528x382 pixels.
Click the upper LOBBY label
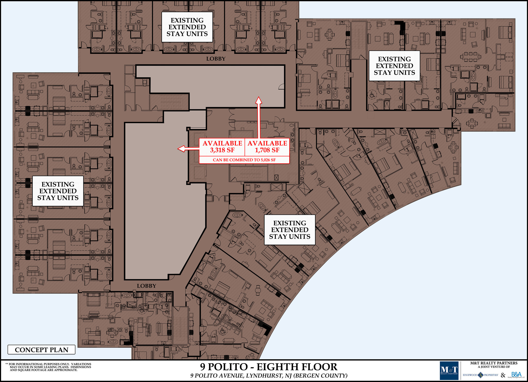click(x=216, y=59)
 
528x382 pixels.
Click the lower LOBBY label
click(x=146, y=286)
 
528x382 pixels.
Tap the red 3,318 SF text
click(x=222, y=150)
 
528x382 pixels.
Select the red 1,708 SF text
click(x=267, y=150)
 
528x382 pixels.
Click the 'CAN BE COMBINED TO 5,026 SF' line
click(x=244, y=160)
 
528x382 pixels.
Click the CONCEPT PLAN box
click(x=42, y=350)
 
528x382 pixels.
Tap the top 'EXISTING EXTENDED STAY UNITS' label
click(x=187, y=27)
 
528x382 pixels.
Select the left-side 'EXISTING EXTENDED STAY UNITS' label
click(x=58, y=191)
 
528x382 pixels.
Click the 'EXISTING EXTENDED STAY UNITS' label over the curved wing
click(x=290, y=230)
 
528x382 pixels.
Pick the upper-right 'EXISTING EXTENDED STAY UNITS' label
click(x=394, y=66)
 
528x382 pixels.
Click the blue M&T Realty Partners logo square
click(x=449, y=370)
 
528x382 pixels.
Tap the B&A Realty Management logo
click(x=516, y=375)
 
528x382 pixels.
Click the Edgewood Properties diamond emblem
click(x=481, y=375)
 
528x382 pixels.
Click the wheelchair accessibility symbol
click(x=372, y=95)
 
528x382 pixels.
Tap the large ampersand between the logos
click(x=503, y=375)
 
